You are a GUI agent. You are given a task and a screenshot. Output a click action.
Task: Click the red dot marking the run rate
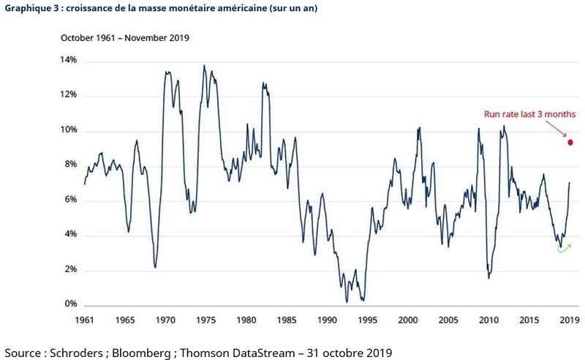point(570,142)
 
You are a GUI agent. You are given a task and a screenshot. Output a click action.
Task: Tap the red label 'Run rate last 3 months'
point(530,114)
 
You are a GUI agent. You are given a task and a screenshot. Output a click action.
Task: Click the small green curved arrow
point(563,249)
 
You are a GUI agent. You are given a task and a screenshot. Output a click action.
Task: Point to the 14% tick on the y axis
point(69,61)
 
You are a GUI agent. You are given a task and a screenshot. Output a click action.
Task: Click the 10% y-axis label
point(69,131)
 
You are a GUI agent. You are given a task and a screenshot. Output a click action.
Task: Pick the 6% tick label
point(71,200)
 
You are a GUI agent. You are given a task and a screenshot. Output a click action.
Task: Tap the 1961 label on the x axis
point(84,320)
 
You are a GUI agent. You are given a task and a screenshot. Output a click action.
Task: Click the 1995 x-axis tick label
point(368,320)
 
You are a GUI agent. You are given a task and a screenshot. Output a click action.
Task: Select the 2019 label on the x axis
point(570,320)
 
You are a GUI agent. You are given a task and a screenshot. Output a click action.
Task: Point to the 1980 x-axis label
point(246,320)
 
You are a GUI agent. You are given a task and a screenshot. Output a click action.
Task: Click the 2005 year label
point(449,320)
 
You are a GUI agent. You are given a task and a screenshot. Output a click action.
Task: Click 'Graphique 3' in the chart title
point(30,8)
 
